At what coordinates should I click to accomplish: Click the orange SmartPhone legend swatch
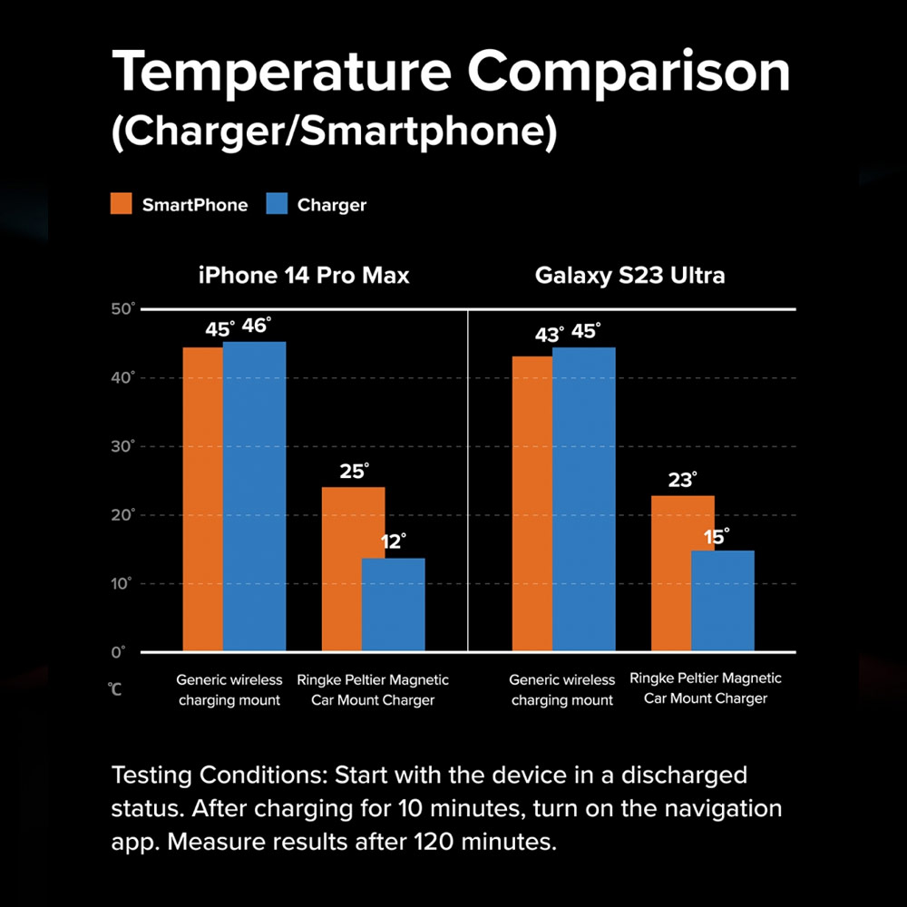click(122, 204)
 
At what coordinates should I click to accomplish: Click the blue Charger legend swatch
click(277, 204)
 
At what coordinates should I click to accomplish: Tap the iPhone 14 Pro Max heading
click(304, 275)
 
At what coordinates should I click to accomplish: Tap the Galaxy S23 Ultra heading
click(630, 275)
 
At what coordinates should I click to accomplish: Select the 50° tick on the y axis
click(122, 310)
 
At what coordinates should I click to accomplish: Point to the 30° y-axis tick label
click(122, 447)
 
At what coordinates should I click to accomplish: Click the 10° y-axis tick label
click(122, 584)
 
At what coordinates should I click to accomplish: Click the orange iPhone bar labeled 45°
click(203, 499)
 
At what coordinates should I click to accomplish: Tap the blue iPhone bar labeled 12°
click(394, 605)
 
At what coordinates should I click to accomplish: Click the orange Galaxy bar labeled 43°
click(532, 503)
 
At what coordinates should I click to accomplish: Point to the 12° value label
click(392, 542)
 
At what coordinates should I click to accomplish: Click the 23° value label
click(682, 480)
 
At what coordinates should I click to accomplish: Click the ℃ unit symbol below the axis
click(116, 690)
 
